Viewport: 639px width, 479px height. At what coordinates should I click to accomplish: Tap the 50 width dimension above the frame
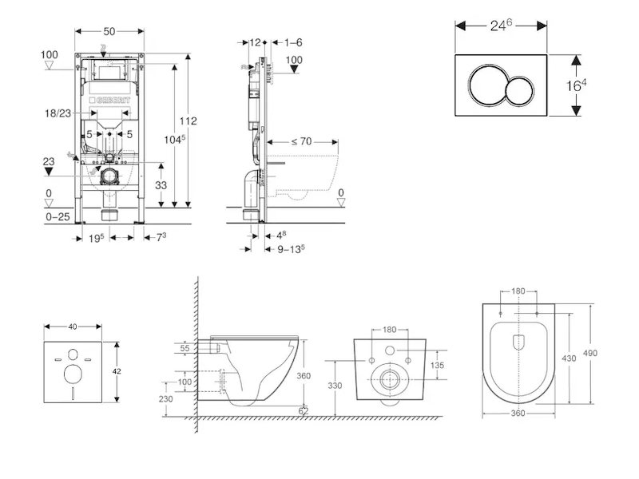pyautogui.click(x=109, y=30)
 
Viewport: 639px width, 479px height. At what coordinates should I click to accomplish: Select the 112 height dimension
pyautogui.click(x=188, y=121)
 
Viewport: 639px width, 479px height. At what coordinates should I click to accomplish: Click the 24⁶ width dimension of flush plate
pyautogui.click(x=501, y=26)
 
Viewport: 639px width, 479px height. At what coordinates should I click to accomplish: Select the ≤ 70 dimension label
pyautogui.click(x=301, y=141)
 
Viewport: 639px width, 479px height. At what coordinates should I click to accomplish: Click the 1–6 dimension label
pyautogui.click(x=294, y=42)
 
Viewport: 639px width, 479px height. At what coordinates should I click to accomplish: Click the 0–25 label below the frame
pyautogui.click(x=57, y=216)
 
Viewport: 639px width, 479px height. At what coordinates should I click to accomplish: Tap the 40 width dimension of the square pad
pyautogui.click(x=73, y=327)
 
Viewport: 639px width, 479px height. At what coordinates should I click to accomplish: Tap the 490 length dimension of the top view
pyautogui.click(x=590, y=353)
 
